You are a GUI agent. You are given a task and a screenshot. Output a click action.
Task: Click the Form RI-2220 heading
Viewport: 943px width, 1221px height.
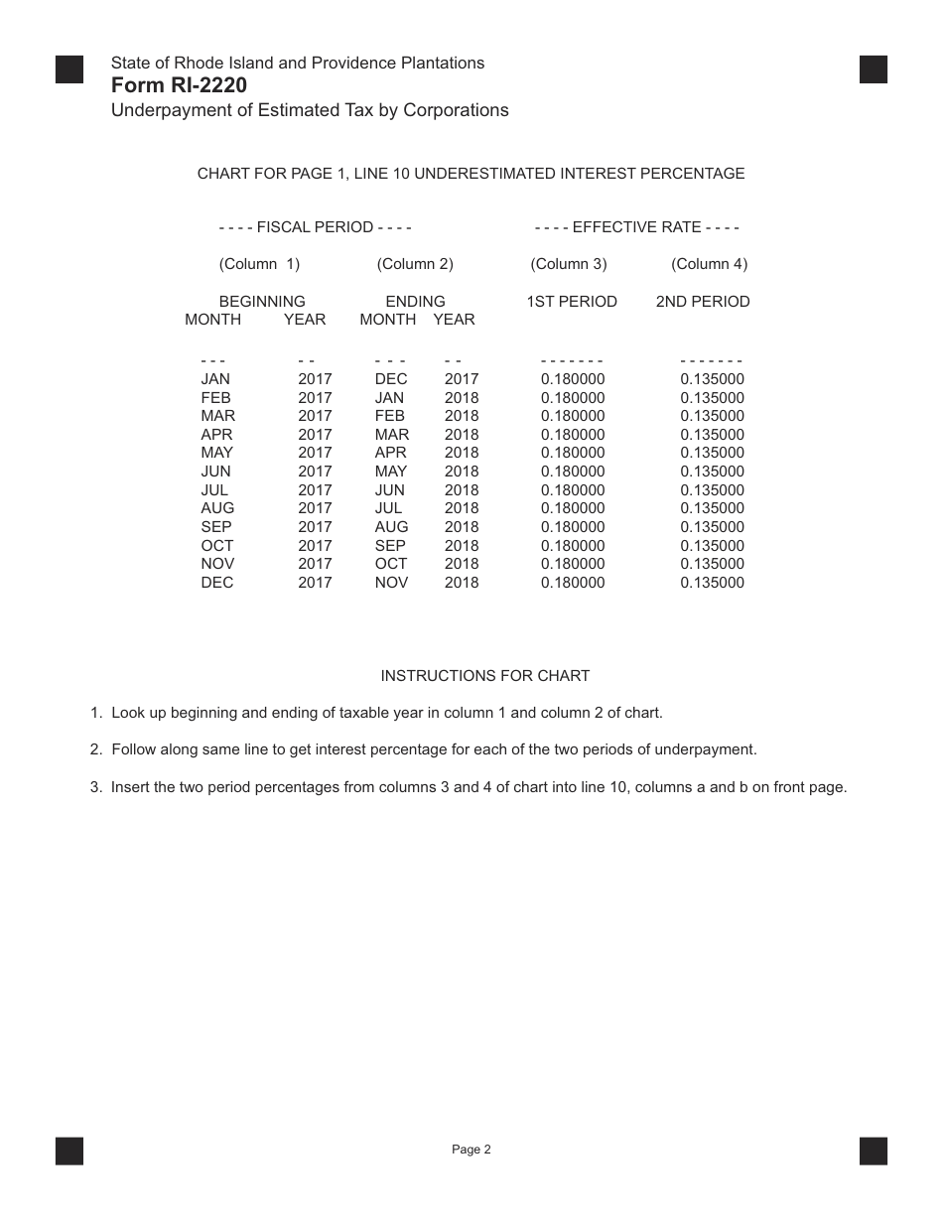tap(180, 85)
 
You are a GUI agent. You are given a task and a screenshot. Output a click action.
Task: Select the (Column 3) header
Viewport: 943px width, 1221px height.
tap(569, 264)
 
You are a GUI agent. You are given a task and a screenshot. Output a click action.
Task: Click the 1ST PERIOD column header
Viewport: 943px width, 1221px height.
tap(572, 302)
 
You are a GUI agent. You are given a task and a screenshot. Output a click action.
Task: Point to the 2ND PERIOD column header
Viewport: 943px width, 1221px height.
tap(703, 302)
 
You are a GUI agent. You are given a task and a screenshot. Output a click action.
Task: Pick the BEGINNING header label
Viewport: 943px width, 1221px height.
tap(262, 302)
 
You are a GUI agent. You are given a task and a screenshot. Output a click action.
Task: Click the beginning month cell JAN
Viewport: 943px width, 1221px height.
tap(215, 379)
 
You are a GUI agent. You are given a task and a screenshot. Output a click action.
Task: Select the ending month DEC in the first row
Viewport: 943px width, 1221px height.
tap(391, 379)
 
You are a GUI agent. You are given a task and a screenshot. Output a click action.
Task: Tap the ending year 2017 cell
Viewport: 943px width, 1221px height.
tap(462, 379)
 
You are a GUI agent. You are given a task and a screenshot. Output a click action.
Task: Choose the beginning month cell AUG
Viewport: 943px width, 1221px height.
tap(217, 508)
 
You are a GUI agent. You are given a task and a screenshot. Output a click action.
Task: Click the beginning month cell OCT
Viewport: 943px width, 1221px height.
tap(217, 546)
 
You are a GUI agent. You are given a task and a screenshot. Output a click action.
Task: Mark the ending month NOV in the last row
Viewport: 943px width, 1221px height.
tap(391, 583)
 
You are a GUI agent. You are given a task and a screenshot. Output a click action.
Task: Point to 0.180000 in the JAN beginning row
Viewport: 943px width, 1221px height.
tap(573, 379)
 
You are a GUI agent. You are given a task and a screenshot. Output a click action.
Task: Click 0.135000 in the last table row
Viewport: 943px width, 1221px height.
tap(712, 583)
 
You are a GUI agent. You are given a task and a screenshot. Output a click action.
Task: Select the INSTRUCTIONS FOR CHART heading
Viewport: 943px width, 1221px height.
tap(485, 676)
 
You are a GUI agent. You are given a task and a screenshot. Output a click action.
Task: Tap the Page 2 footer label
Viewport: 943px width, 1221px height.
tap(471, 1151)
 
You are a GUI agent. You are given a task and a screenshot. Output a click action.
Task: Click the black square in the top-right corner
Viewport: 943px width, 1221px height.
tap(874, 69)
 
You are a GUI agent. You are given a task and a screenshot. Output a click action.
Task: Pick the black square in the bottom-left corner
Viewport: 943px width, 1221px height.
tap(69, 1151)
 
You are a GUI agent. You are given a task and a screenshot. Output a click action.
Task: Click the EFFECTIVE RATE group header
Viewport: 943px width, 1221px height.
tap(636, 227)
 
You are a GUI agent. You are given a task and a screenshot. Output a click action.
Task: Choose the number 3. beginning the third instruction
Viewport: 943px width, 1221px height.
tap(96, 788)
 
